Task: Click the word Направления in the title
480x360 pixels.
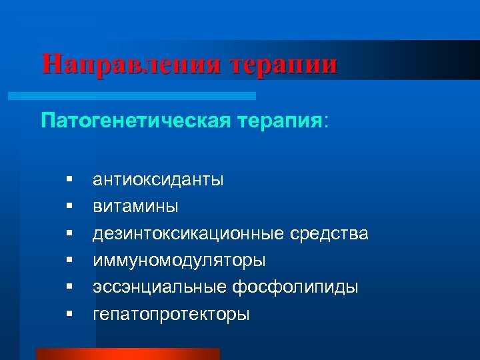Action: click(x=130, y=64)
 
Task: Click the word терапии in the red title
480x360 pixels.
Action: click(x=283, y=64)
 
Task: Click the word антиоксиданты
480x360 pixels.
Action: click(x=159, y=179)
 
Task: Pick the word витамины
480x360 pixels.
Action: click(x=135, y=206)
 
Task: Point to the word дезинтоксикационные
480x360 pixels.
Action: click(x=189, y=233)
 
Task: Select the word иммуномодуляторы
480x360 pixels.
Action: click(x=179, y=260)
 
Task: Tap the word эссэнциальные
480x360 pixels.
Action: click(x=160, y=287)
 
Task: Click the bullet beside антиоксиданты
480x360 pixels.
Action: click(x=69, y=179)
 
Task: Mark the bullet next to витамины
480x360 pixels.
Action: click(x=69, y=206)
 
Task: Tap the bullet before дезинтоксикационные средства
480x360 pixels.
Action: click(x=69, y=233)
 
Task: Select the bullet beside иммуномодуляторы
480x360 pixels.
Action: click(x=69, y=260)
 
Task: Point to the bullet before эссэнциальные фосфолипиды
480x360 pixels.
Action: click(x=69, y=287)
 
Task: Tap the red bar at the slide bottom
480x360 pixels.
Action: click(x=127, y=354)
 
